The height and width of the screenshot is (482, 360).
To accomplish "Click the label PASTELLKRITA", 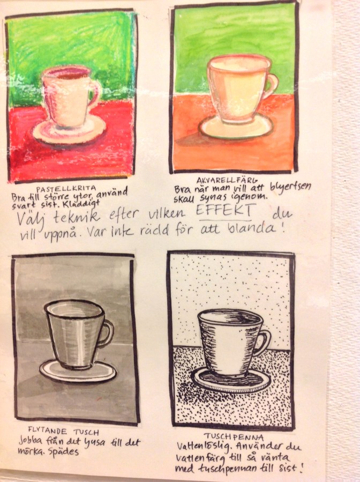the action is (x=66, y=188).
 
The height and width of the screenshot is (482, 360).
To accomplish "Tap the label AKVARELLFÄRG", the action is (x=227, y=180).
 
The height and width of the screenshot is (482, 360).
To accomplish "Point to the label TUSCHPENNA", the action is (x=234, y=436).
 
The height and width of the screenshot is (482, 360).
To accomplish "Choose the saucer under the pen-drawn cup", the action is (x=231, y=380).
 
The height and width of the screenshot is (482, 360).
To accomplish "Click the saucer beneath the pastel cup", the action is (x=69, y=130).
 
